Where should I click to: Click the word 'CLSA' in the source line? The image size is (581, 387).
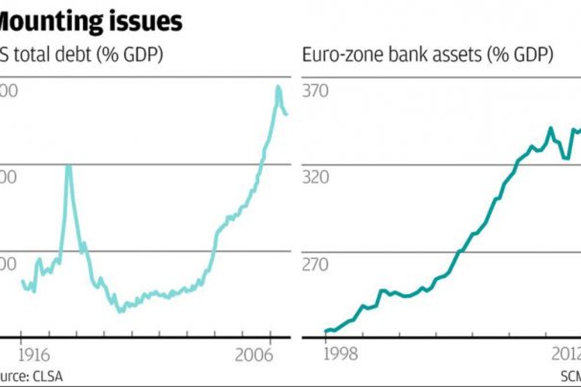(x=47, y=376)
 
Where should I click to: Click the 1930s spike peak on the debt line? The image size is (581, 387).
(x=68, y=166)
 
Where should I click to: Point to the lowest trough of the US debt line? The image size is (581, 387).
(x=120, y=311)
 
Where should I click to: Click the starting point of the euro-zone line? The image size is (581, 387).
(x=326, y=331)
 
